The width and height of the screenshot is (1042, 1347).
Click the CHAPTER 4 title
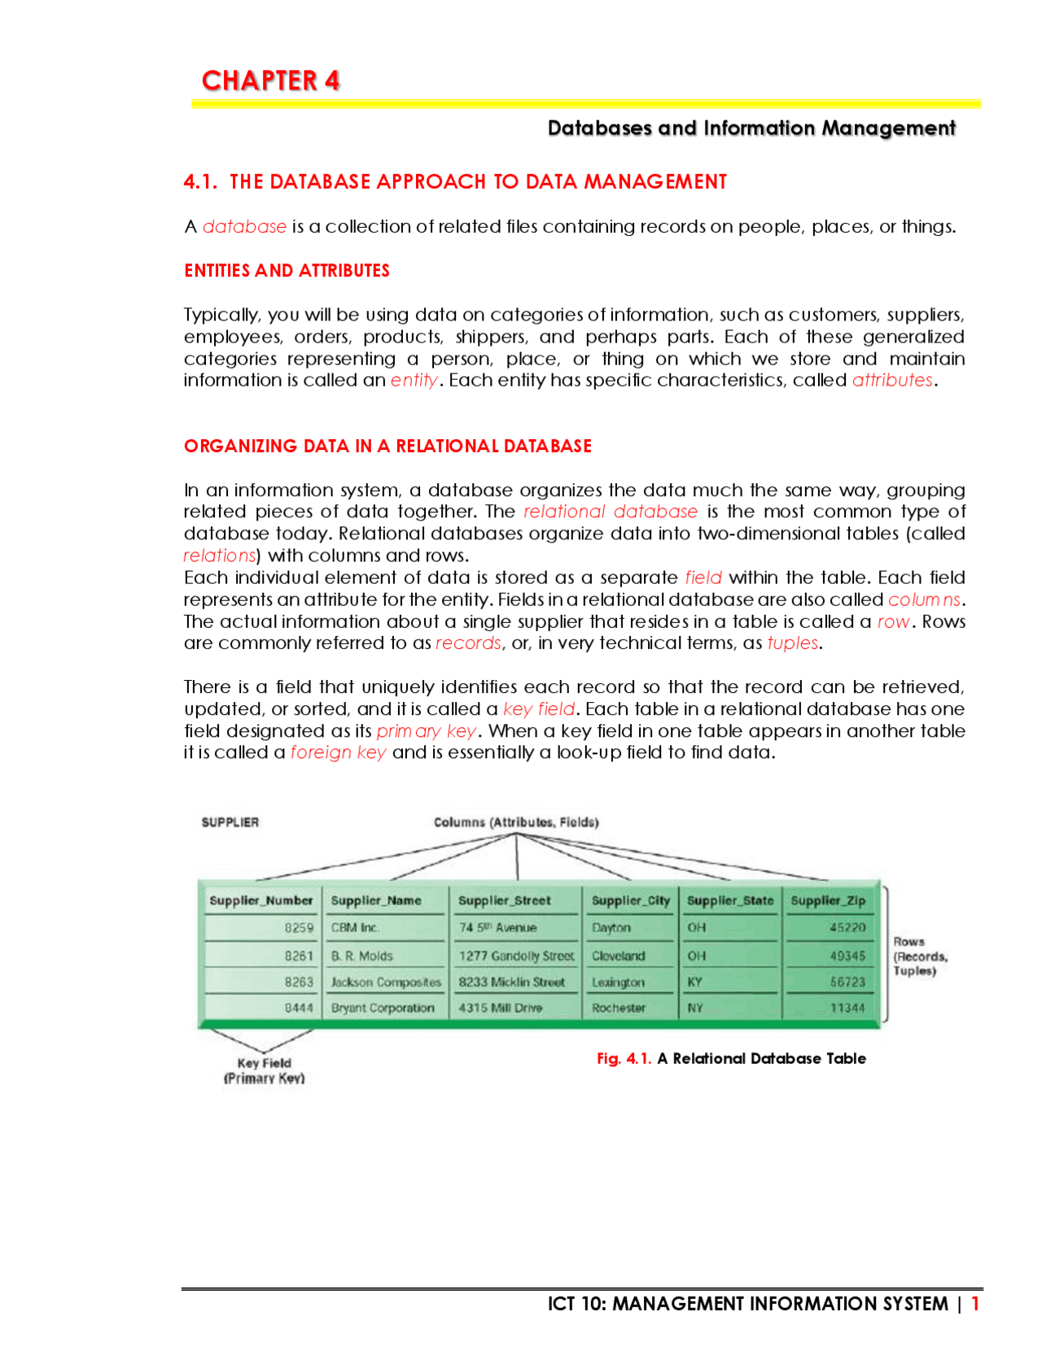click(x=270, y=81)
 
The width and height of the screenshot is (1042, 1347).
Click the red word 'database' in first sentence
click(x=244, y=226)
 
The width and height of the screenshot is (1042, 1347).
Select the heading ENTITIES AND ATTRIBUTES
click(x=287, y=271)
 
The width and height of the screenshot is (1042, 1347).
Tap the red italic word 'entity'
click(x=414, y=380)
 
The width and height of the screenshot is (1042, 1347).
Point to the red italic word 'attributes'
click(x=892, y=380)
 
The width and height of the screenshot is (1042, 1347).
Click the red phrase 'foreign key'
click(x=338, y=752)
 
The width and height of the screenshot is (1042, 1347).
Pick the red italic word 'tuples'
click(x=792, y=643)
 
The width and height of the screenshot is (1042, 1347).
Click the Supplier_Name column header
click(x=376, y=900)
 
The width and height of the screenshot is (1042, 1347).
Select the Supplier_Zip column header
click(x=828, y=900)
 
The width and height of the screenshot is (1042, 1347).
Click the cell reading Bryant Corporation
click(x=383, y=1008)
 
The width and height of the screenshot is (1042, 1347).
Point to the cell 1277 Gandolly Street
click(x=516, y=956)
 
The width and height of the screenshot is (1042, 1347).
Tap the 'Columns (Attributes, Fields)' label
click(x=516, y=822)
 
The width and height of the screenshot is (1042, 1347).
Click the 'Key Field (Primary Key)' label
click(x=264, y=1070)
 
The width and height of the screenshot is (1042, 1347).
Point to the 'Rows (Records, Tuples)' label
click(x=920, y=956)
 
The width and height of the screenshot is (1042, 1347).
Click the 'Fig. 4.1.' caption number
click(x=624, y=1058)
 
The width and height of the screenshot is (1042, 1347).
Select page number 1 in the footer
click(x=974, y=1304)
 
